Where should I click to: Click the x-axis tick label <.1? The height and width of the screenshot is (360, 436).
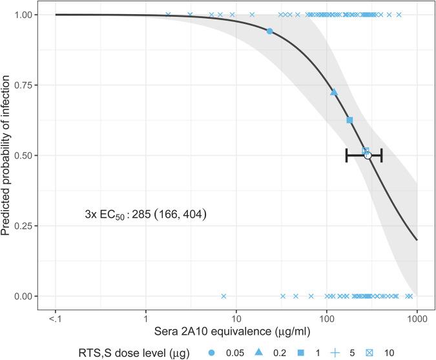pos(56,317)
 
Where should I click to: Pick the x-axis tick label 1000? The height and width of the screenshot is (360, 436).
pos(417,317)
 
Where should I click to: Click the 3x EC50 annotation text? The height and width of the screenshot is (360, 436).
pos(145,213)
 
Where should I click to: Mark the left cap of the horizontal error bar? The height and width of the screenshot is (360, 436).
pos(347,155)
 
